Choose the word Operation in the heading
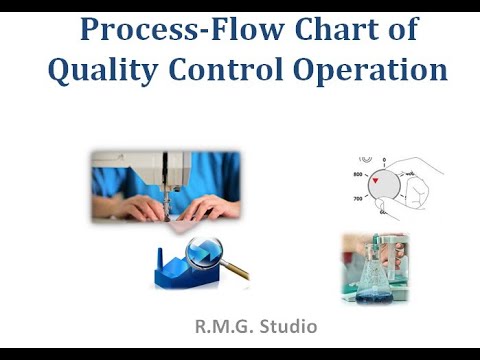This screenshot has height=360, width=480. point(372,70)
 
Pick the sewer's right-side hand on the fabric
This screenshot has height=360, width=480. point(210,208)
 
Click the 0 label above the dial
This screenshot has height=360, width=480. point(384,158)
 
